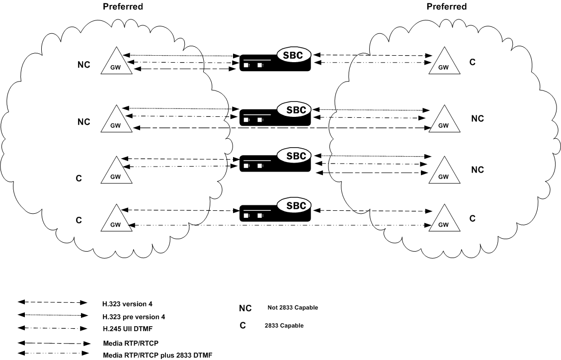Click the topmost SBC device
pos(276,60)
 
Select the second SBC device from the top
pos(276,114)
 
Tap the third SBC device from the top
pos(276,160)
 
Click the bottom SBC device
pos(276,209)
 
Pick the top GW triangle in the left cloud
pos(117,63)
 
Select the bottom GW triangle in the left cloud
pos(117,219)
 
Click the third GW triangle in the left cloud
pos(116,172)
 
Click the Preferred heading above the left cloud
pos(123,7)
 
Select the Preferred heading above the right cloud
pos(447,7)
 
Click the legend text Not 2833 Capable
pos(293,308)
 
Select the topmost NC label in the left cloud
pos(84,65)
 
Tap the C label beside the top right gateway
pos(473,62)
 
